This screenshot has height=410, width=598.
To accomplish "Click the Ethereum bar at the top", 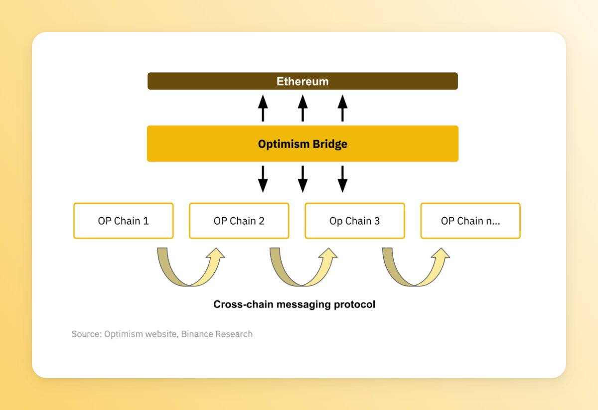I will pyautogui.click(x=302, y=81).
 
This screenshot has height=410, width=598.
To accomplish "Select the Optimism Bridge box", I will pyautogui.click(x=302, y=144).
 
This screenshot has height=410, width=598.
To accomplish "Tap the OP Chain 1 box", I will pyautogui.click(x=124, y=221).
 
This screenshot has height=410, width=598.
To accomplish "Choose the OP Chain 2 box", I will pyautogui.click(x=239, y=221).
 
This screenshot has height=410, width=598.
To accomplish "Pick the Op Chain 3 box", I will pyautogui.click(x=355, y=221).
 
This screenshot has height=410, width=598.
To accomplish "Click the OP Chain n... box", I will pyautogui.click(x=470, y=221).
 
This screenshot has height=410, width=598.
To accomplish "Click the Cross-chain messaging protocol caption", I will pyautogui.click(x=294, y=304).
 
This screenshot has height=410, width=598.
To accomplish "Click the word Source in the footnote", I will pyautogui.click(x=86, y=334).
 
